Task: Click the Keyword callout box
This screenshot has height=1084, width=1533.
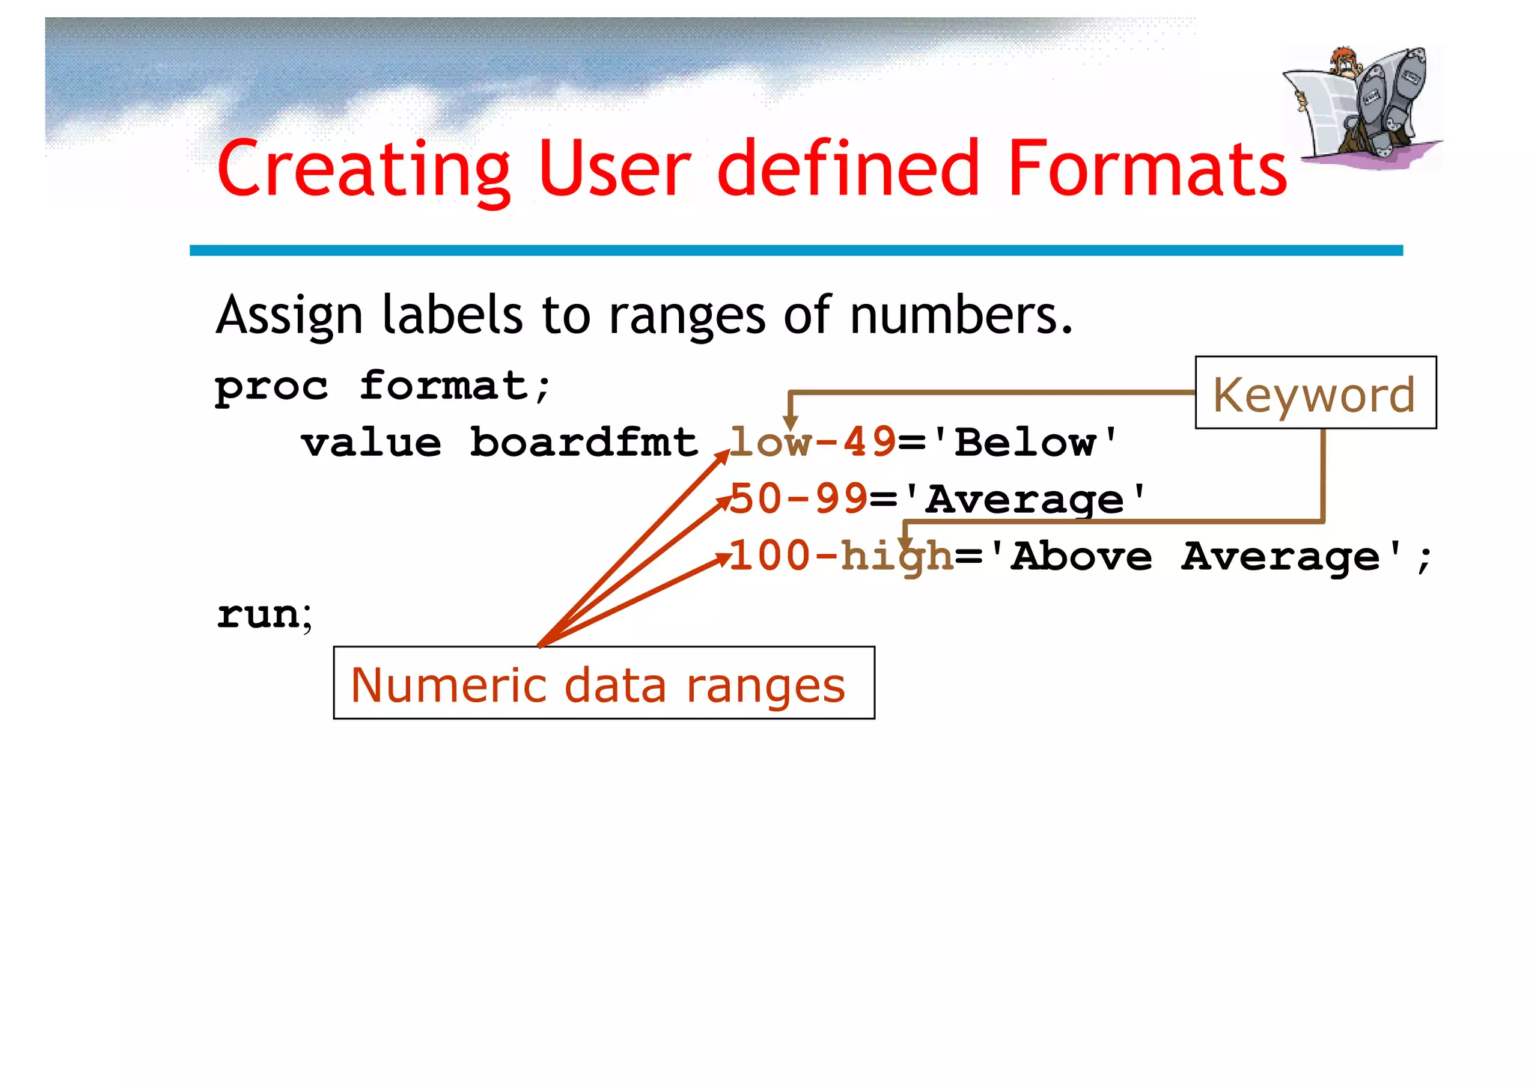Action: (x=1315, y=393)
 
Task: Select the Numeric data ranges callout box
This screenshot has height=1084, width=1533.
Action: (x=603, y=683)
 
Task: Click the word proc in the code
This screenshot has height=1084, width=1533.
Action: (x=271, y=387)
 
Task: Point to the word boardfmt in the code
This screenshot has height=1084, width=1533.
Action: (x=583, y=442)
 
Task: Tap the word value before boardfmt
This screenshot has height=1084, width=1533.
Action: (x=371, y=442)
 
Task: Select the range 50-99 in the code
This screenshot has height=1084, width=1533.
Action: (x=798, y=499)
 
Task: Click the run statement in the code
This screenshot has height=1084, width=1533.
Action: (x=263, y=615)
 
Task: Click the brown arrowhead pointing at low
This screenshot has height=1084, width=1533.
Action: (x=790, y=423)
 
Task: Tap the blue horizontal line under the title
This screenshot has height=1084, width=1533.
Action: (x=796, y=251)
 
